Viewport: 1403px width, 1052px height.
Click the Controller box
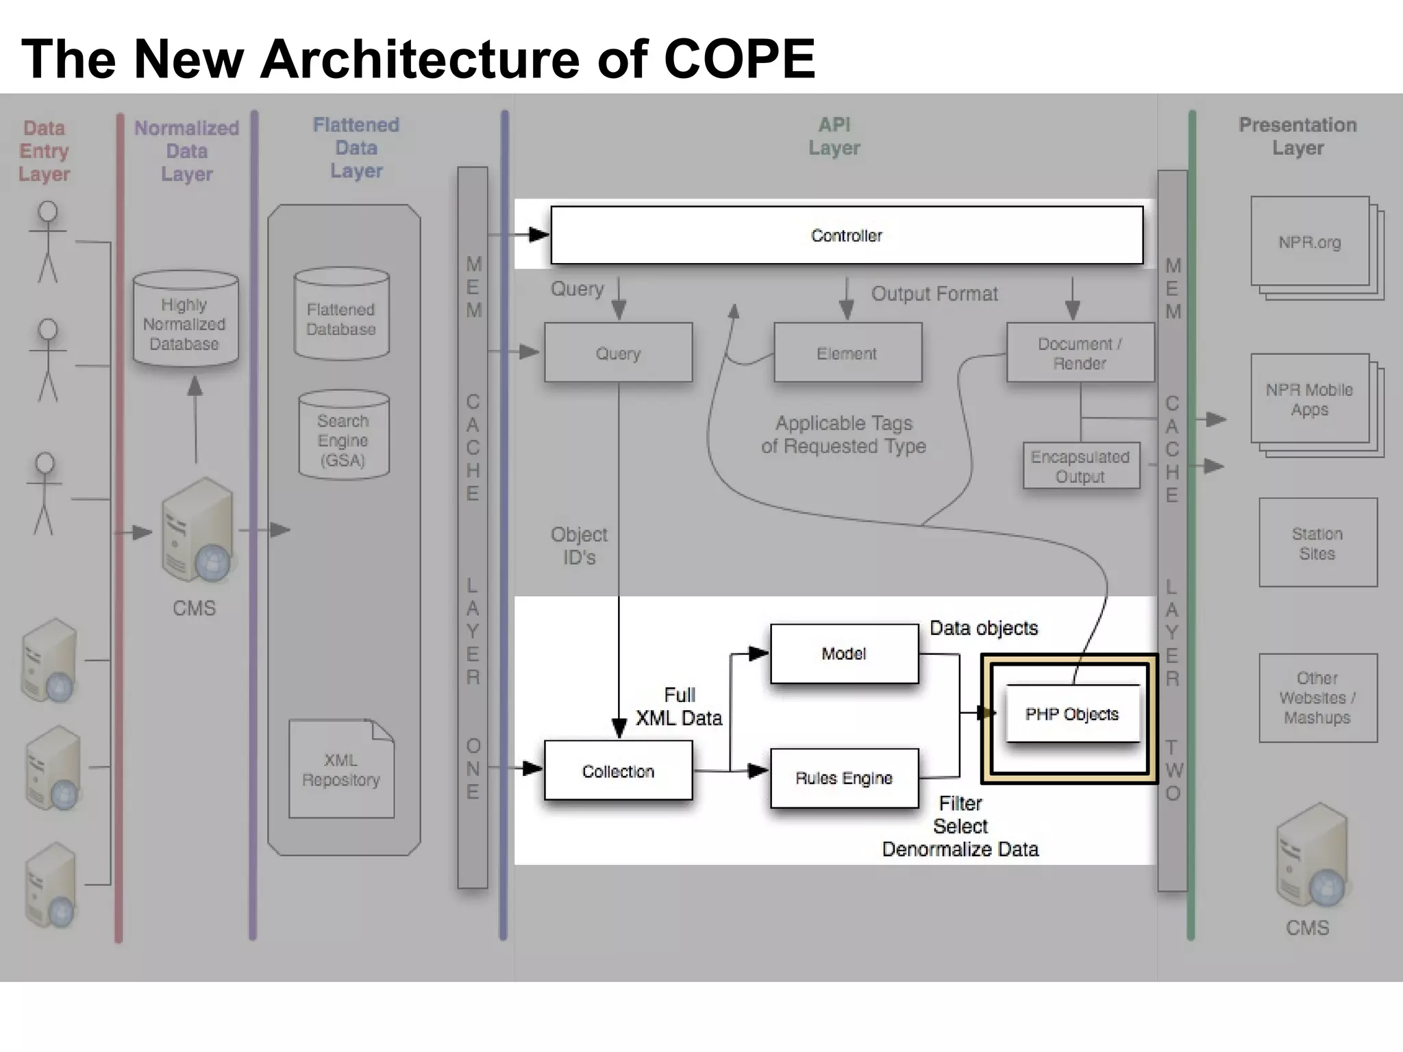[x=847, y=236]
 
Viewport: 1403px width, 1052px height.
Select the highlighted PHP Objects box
[x=1071, y=714]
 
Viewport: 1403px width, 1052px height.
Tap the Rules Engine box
[x=844, y=778]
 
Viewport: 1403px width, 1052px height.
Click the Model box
[x=844, y=653]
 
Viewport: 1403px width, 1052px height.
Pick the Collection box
[x=618, y=771]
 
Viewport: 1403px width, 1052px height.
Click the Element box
[x=847, y=353]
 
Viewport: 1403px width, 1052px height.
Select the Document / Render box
[x=1080, y=353]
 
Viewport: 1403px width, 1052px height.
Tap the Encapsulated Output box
[x=1080, y=466]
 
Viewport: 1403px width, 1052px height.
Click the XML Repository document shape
[x=341, y=770]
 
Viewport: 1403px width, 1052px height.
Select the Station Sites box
[x=1317, y=543]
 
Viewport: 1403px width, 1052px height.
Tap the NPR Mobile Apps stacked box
[x=1309, y=399]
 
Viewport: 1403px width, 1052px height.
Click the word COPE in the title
[x=739, y=59]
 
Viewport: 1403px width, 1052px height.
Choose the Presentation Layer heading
[x=1298, y=136]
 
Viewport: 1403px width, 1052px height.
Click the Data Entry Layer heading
[x=45, y=151]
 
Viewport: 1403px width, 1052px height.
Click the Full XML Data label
[x=679, y=707]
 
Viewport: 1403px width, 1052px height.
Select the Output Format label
[x=934, y=294]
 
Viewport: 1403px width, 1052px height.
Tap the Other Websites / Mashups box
[x=1317, y=698]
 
